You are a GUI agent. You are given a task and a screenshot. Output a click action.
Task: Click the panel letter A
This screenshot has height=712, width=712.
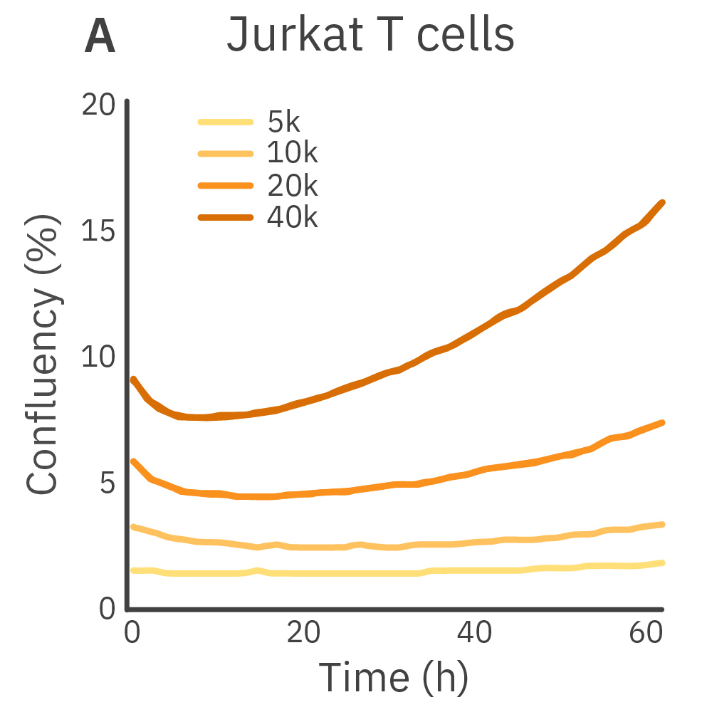(100, 37)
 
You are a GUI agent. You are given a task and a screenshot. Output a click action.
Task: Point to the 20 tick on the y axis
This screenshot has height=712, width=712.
(98, 105)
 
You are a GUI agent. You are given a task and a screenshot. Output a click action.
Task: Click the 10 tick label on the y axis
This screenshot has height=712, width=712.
(98, 357)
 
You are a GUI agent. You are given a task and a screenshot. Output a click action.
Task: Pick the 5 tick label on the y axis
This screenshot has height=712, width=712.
(107, 483)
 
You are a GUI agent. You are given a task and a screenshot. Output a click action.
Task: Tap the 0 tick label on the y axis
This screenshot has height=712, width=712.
(107, 609)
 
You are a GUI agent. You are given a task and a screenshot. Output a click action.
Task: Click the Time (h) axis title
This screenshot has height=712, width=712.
(393, 676)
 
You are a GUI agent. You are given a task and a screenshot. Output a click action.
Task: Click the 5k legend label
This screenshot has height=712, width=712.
(284, 122)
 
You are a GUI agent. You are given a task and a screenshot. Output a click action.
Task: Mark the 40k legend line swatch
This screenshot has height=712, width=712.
(225, 218)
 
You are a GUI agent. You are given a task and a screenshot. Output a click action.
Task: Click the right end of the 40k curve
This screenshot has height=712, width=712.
(663, 203)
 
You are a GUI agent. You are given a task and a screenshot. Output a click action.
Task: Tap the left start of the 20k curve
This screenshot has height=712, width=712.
(133, 461)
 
